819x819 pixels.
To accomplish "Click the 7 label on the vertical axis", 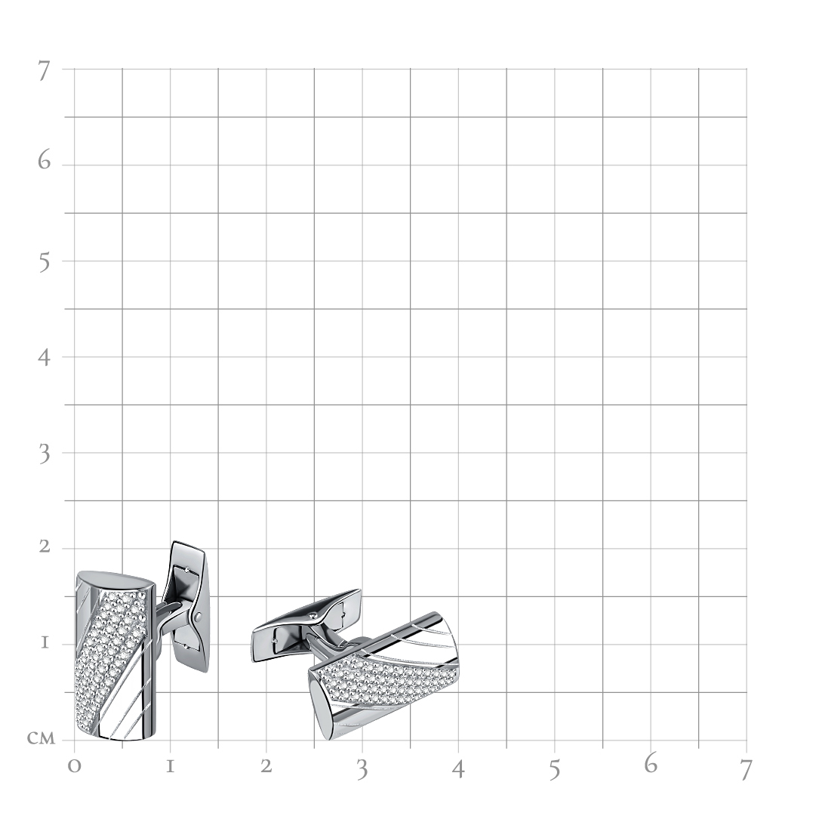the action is pyautogui.click(x=44, y=71).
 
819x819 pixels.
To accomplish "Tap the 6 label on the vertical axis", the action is pyautogui.click(x=45, y=160).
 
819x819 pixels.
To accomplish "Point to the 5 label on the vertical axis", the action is pyautogui.click(x=45, y=263).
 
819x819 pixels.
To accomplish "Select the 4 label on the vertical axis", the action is pyautogui.click(x=44, y=357).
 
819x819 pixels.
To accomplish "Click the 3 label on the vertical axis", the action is pyautogui.click(x=45, y=454).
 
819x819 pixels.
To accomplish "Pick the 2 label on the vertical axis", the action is pyautogui.click(x=45, y=547).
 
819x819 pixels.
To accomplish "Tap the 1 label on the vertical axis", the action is pyautogui.click(x=45, y=642).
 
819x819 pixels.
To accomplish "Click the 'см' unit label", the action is pyautogui.click(x=41, y=737).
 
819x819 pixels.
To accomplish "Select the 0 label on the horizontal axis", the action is pyautogui.click(x=75, y=766).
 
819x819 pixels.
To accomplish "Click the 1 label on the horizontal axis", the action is pyautogui.click(x=170, y=767).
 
